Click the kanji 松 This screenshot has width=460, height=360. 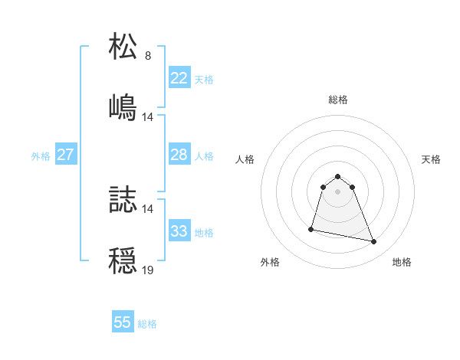[x=123, y=45]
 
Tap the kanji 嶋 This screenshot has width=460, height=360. [x=123, y=106]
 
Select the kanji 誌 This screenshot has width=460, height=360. [x=123, y=198]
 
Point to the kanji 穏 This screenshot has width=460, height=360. [x=123, y=260]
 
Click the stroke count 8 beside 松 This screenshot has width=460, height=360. [x=148, y=55]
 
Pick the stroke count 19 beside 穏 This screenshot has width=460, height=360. [x=148, y=270]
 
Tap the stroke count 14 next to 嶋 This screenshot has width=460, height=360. [x=148, y=116]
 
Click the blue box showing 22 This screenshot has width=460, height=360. [x=179, y=77]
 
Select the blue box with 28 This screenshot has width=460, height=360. [x=179, y=155]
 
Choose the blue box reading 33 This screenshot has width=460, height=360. [x=179, y=231]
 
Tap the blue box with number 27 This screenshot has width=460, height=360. [x=66, y=155]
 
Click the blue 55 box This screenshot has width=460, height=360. [x=123, y=322]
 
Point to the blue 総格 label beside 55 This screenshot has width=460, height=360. [x=147, y=324]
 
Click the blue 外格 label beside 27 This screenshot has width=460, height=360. [x=41, y=156]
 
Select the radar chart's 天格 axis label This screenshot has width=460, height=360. [x=432, y=159]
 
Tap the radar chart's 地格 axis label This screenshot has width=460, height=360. [x=402, y=262]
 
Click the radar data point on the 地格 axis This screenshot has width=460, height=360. [x=374, y=242]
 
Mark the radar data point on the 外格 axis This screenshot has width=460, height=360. [x=311, y=228]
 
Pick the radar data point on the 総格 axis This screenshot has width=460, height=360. [x=338, y=173]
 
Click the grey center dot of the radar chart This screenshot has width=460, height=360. [x=338, y=191]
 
